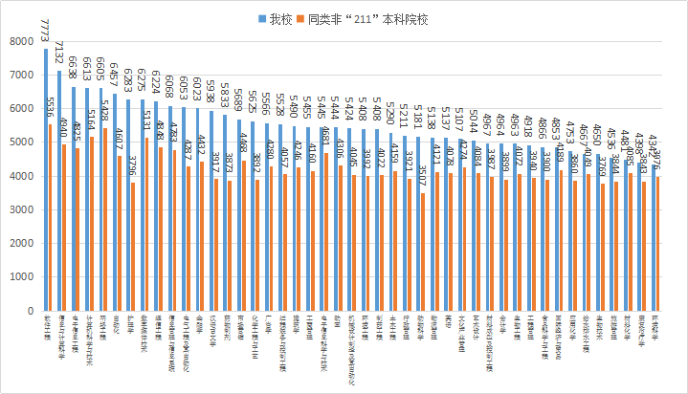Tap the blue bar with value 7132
click(x=59, y=190)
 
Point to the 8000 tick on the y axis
click(x=18, y=41)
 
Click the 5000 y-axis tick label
click(x=18, y=142)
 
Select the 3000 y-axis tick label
click(x=18, y=210)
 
